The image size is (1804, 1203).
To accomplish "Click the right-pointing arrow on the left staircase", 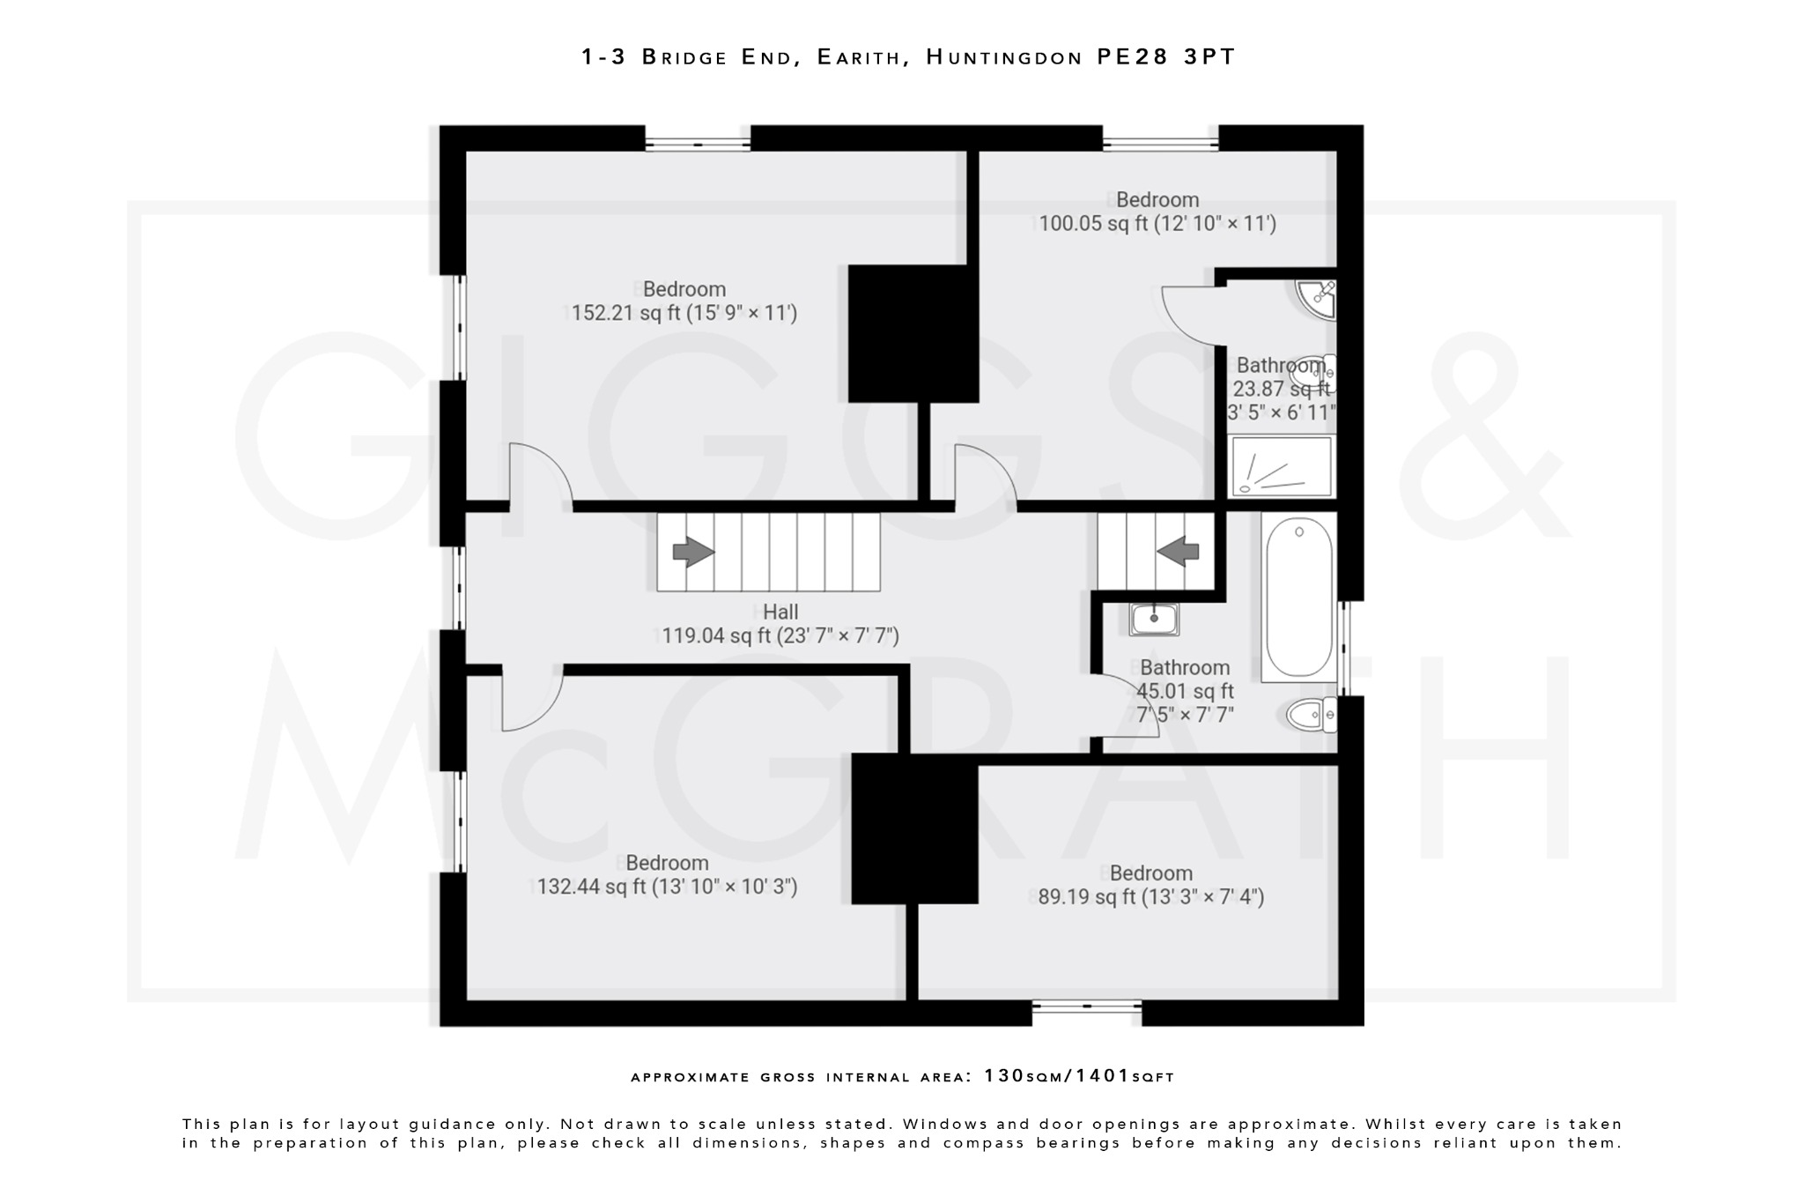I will click(693, 553).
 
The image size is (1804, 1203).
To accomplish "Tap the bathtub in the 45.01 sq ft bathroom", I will click(1299, 598).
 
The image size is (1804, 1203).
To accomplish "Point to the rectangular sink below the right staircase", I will click(1154, 619).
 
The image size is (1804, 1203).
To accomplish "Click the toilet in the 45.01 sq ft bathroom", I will click(1311, 714).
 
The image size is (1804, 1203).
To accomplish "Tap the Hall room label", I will click(780, 612).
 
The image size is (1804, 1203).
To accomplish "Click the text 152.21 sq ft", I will click(626, 313).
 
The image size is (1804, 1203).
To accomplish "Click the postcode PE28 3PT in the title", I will click(1166, 57).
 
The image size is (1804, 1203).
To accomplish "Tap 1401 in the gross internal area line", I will click(1102, 1076).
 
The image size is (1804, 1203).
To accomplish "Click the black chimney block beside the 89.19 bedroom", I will click(914, 828).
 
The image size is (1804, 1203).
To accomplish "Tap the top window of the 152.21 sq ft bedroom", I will click(698, 141).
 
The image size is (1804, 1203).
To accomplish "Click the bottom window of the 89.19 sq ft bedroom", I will click(1086, 1006).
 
